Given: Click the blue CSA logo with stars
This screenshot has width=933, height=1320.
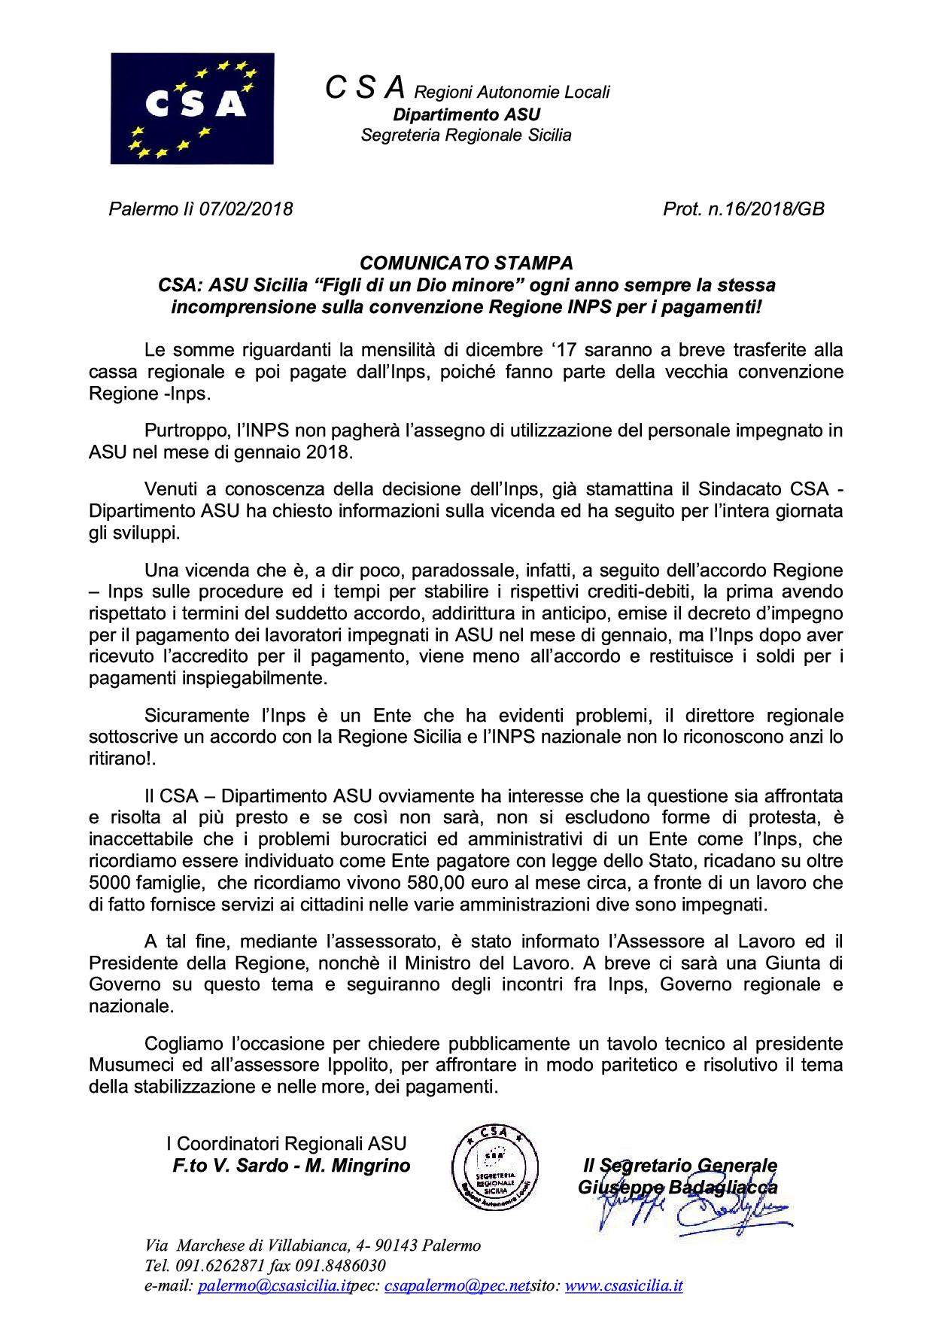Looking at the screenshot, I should (192, 108).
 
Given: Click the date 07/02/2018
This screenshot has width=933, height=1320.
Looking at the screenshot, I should (245, 208).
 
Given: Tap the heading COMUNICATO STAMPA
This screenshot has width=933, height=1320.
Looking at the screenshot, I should (466, 263).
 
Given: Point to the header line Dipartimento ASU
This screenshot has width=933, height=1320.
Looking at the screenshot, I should (466, 114).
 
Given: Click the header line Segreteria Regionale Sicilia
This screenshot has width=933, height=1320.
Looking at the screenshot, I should (466, 135).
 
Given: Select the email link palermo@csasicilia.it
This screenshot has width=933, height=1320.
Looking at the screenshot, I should (274, 1286).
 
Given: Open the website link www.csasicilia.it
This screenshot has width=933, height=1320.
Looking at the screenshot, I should (623, 1286).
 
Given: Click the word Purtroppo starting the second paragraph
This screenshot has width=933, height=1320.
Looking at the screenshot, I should (182, 431).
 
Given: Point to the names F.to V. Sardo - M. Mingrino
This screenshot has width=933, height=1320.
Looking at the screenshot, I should (292, 1166).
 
